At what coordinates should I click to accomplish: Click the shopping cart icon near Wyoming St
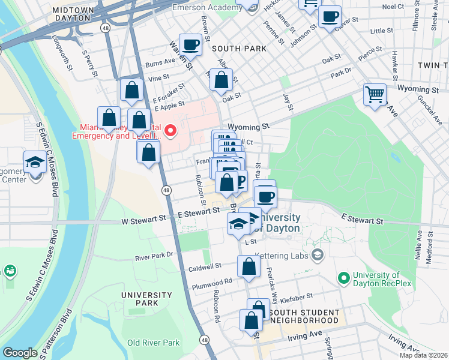coord(375,94)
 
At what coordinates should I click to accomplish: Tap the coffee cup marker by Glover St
coord(329,16)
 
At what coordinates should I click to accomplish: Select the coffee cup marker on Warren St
coord(191,43)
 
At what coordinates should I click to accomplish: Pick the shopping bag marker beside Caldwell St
coord(248,266)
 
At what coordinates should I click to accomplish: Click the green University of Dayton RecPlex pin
coord(343,278)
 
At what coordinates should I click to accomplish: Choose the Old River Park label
coord(153,343)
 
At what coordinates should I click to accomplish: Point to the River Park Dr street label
coord(154,256)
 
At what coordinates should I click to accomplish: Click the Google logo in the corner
coord(20,353)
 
